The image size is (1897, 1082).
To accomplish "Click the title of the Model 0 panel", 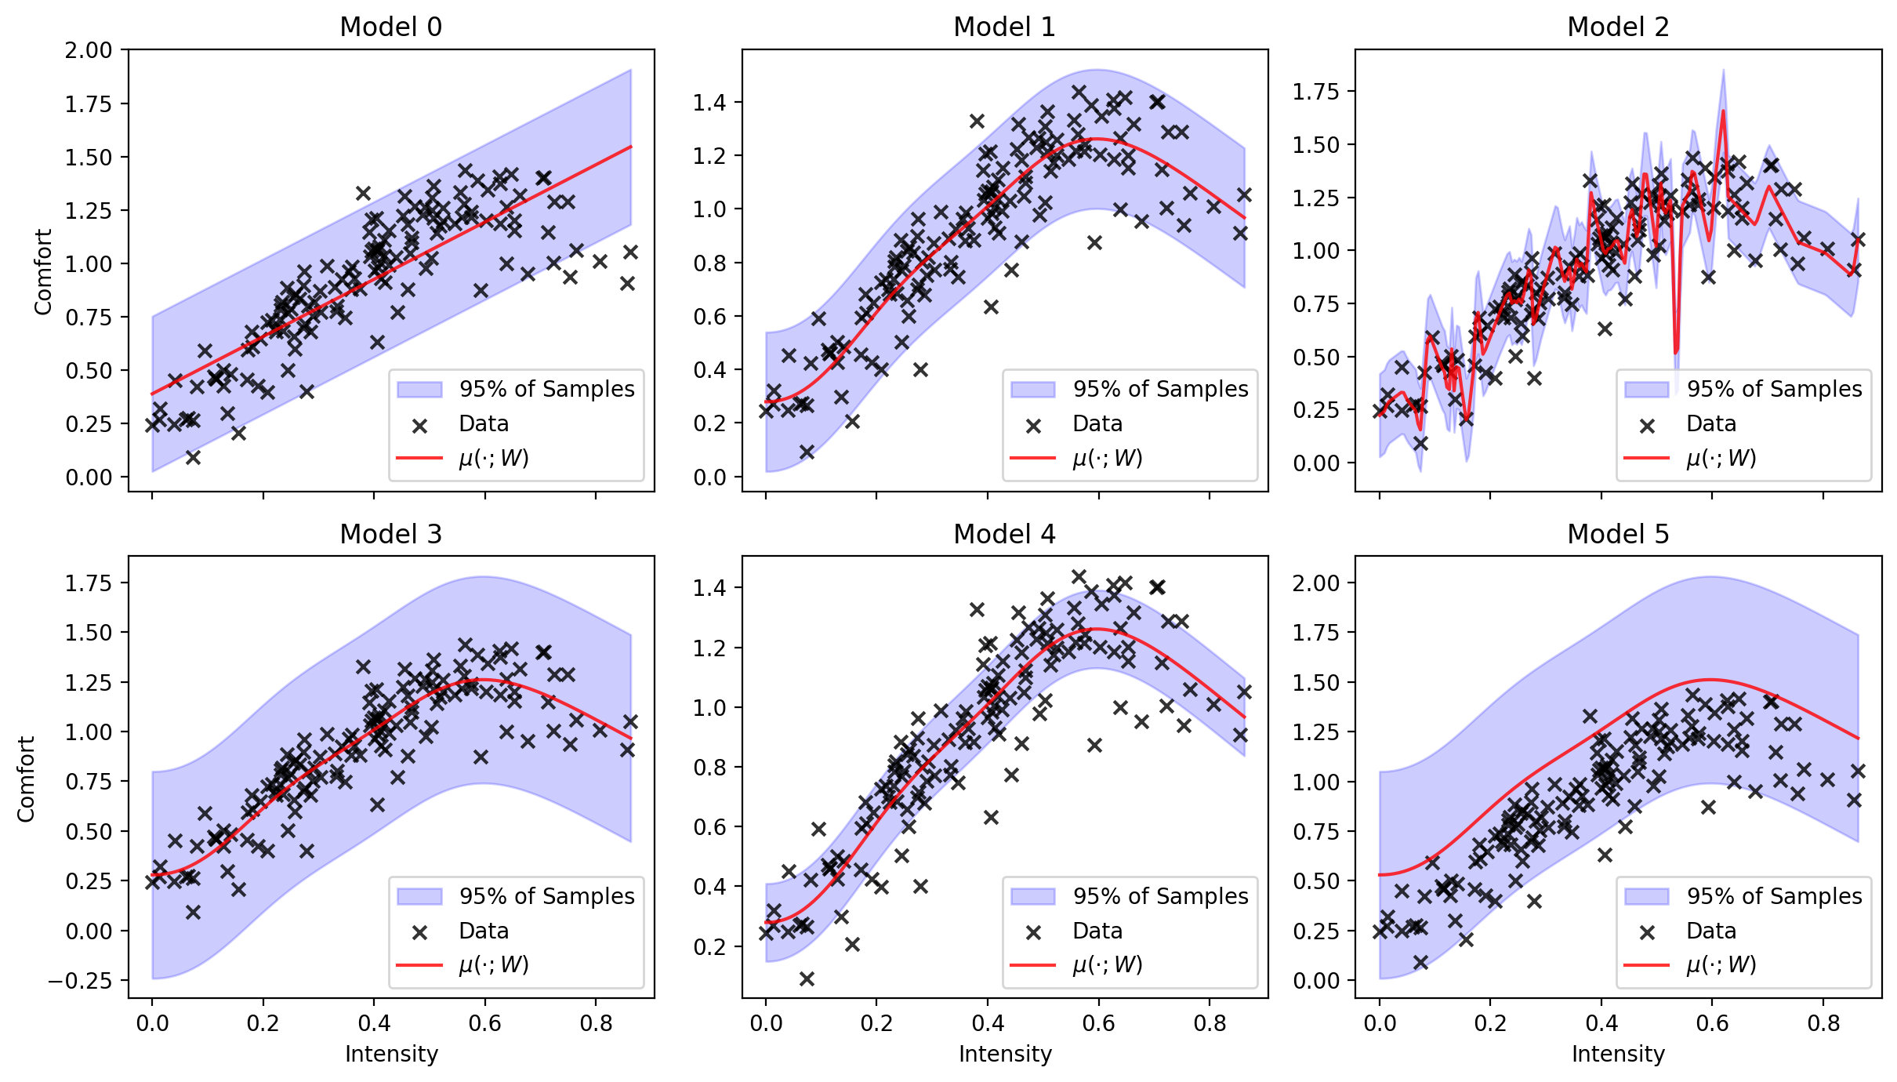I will point(390,27).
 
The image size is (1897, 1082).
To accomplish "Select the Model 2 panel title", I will point(1618,27).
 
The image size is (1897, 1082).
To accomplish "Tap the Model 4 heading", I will point(1004,534).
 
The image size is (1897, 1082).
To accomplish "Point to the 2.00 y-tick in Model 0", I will point(89,51).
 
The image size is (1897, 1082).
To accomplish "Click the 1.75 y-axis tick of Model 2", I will point(1316,92).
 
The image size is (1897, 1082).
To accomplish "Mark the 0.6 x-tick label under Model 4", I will point(1098,1023).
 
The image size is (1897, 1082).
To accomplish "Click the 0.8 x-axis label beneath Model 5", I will point(1823,1023).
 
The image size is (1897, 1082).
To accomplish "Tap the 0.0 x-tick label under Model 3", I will point(152,1023).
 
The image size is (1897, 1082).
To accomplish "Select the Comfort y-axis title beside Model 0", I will point(42,271).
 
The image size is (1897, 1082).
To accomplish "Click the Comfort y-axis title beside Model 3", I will point(27,779).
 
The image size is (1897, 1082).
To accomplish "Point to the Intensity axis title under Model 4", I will point(1004,1055).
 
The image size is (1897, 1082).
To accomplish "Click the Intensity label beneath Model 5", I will point(1618,1055).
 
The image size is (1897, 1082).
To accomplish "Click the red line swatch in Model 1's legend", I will point(1033,457).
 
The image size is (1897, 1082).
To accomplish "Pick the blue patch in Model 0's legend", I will point(419,390).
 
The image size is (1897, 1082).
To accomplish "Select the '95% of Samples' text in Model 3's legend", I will point(546,896).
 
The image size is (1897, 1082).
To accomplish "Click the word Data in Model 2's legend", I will point(1710,424).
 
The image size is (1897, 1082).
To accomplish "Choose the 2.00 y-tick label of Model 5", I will point(1316,583).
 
